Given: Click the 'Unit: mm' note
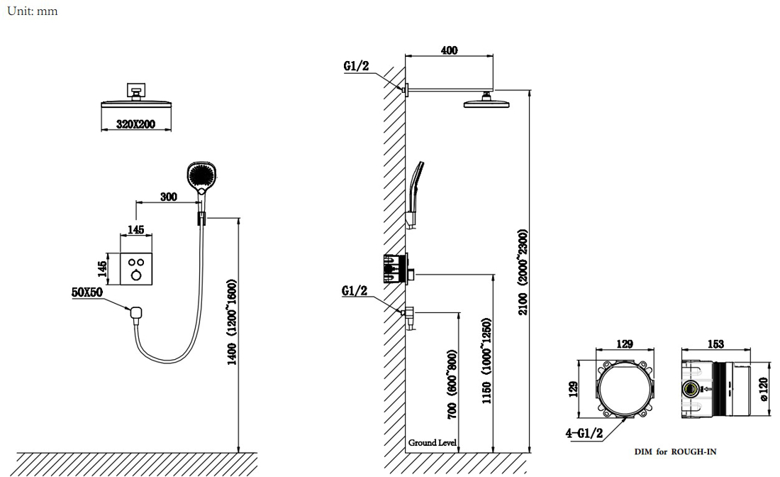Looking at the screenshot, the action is point(33,11).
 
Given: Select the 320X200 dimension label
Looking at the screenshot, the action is point(136,124).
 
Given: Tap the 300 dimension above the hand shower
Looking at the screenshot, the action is point(169,197).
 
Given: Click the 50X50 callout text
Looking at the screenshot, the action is point(87,292).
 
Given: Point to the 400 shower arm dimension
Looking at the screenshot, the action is point(449,50).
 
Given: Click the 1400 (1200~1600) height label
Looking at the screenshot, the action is point(233,322).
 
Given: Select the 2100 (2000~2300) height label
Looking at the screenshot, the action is point(523,273).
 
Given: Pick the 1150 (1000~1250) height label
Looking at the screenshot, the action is point(486,361).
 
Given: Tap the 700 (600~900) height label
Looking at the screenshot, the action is point(452,384).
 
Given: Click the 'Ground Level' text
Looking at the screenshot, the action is point(433,442).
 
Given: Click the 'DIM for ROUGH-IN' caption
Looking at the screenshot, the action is point(675,451).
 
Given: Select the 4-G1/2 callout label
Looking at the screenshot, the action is point(584,433).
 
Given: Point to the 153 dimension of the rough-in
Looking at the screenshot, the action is point(715,344).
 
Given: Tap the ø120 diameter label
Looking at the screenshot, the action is point(764,389).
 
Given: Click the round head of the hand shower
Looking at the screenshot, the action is point(203,175).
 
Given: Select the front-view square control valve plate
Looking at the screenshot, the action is point(136,269).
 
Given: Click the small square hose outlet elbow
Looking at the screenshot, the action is point(136,313).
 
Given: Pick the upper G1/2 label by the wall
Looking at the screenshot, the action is point(356,66).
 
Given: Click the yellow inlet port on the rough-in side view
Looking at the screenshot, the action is point(691,388).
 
